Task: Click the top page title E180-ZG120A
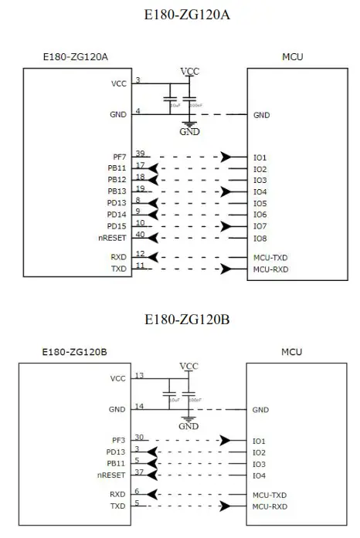(179, 14)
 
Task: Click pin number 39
(140, 153)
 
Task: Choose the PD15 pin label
(118, 225)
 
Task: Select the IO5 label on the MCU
(260, 203)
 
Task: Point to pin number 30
(140, 436)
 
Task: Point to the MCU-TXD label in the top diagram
(270, 257)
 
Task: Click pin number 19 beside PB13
(140, 187)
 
